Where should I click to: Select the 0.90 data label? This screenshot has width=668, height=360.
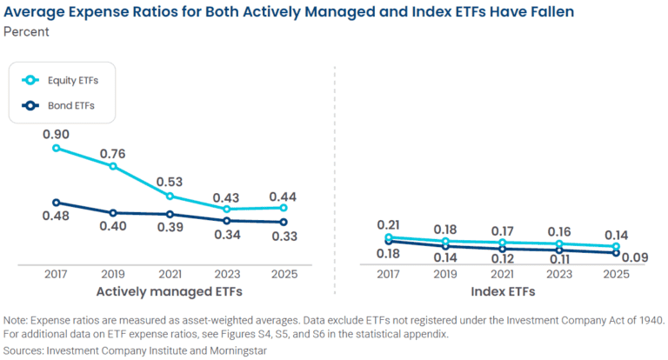[56, 134]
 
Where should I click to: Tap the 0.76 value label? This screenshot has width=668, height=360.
[112, 155]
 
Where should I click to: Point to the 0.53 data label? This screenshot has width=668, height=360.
[170, 182]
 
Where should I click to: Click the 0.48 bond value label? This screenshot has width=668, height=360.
[56, 217]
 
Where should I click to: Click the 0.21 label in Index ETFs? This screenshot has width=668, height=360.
[388, 224]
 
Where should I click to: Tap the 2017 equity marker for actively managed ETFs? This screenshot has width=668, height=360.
[57, 148]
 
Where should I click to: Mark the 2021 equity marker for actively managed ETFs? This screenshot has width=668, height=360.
[170, 196]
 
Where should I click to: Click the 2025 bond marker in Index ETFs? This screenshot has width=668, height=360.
[616, 253]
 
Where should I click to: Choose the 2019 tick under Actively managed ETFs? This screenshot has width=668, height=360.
[113, 273]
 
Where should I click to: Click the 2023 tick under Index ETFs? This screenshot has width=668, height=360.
[558, 273]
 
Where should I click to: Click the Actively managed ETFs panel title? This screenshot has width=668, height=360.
[170, 290]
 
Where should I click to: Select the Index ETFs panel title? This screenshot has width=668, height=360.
[502, 290]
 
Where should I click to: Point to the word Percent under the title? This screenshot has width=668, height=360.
[26, 32]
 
